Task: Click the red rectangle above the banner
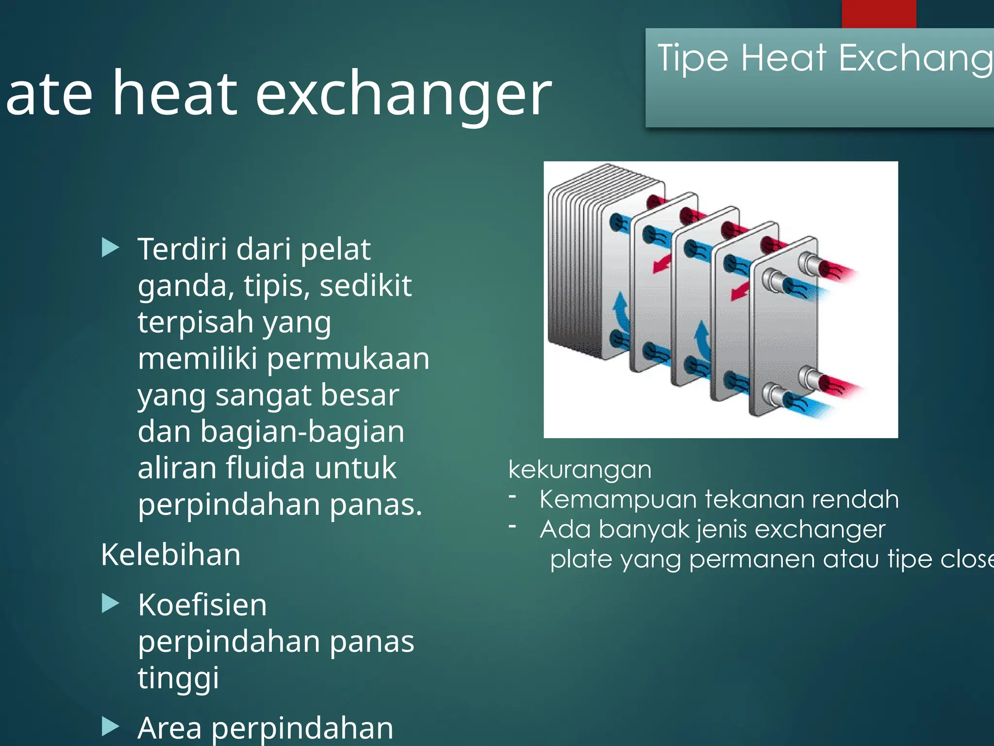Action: (878, 14)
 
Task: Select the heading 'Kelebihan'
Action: (171, 555)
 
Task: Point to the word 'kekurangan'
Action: (580, 470)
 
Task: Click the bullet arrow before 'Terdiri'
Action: (110, 248)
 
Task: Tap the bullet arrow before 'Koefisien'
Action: (110, 604)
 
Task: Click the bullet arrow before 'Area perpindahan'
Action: (110, 727)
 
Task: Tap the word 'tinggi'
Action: (178, 678)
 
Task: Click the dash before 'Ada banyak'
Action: (512, 526)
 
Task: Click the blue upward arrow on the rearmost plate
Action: (620, 311)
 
